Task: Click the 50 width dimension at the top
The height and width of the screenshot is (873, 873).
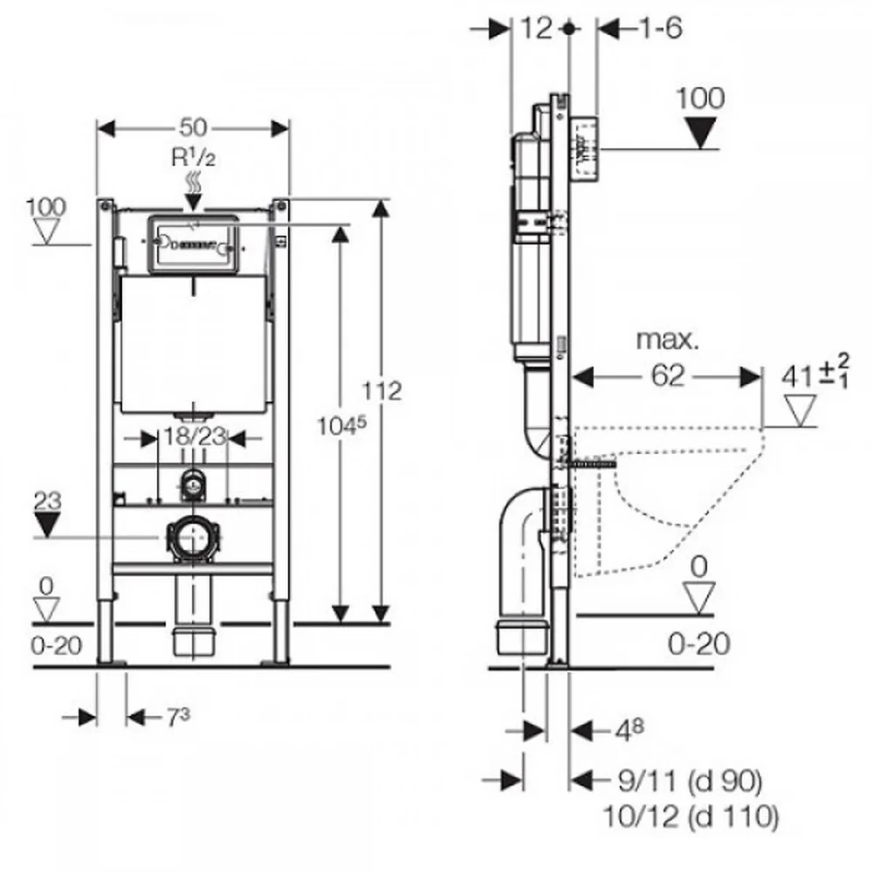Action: coord(194,127)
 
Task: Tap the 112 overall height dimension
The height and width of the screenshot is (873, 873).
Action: coord(384,391)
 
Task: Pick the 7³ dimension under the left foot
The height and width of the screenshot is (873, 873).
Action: coord(177,718)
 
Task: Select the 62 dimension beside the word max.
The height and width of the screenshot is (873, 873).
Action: coord(667,376)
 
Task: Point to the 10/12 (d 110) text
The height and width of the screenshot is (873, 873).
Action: coord(690,817)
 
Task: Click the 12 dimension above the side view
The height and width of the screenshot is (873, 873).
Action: coord(538,28)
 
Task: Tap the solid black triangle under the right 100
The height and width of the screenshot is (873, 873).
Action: coord(701,133)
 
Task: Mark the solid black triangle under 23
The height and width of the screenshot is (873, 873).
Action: coord(49,524)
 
